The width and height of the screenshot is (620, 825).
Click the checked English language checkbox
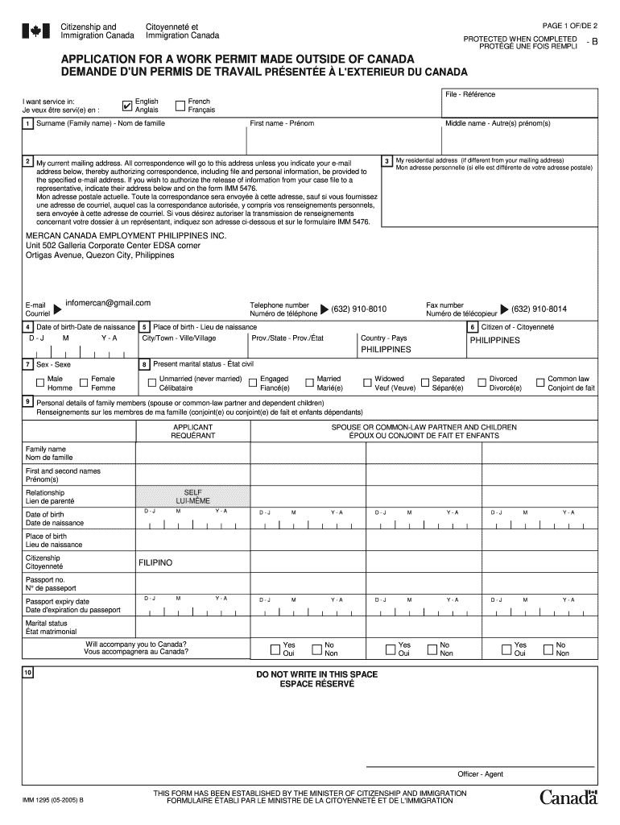[127, 106]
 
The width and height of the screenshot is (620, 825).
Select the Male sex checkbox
[39, 383]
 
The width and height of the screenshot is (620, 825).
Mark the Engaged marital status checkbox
[253, 383]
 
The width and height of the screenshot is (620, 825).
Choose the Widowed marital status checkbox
[367, 383]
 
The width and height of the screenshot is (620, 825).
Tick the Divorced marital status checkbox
[482, 383]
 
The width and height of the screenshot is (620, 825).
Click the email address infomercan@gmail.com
[108, 303]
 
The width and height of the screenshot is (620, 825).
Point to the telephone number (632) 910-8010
[358, 309]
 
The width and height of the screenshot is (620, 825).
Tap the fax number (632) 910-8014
[539, 309]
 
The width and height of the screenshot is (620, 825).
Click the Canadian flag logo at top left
[35, 31]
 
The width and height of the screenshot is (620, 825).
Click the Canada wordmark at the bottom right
[568, 798]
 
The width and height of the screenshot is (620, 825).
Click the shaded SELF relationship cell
[193, 495]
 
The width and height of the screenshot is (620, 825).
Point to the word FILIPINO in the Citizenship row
[155, 562]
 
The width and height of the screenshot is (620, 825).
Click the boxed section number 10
[28, 673]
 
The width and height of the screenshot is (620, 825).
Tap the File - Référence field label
[471, 95]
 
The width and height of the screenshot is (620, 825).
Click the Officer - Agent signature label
[481, 773]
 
